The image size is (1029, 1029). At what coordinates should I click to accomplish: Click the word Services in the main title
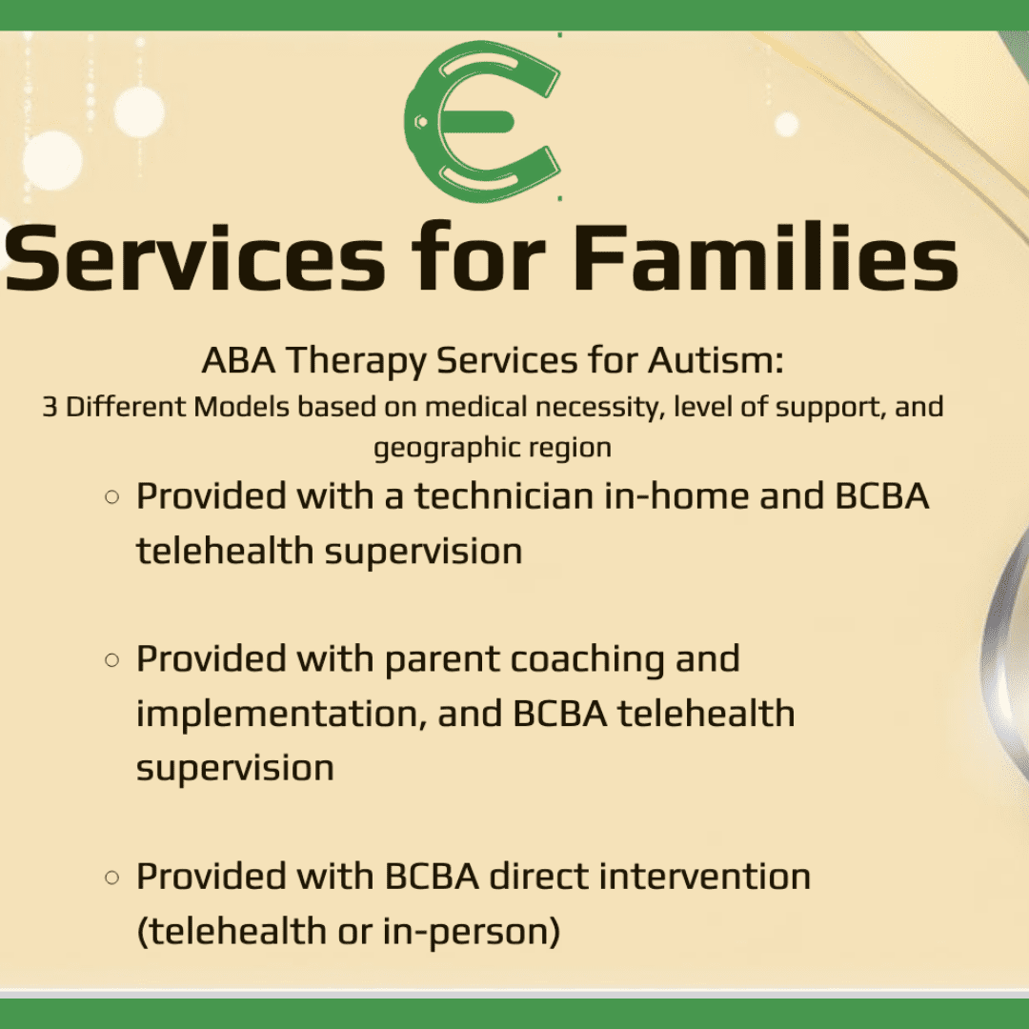coord(195,257)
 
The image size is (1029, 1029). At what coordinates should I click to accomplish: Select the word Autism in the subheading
coord(716,360)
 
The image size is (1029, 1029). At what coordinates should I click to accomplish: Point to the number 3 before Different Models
coord(50,407)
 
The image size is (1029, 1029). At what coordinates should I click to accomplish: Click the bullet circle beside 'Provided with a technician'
coord(112,497)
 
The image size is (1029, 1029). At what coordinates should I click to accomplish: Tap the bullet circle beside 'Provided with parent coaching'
coord(112,660)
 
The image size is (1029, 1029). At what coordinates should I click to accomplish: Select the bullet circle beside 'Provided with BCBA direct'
coord(112,878)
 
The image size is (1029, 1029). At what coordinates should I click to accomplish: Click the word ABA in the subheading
coord(238,360)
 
